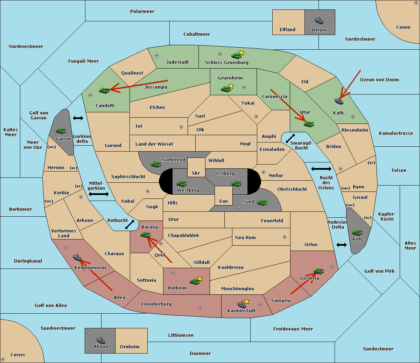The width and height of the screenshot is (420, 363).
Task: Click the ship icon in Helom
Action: coord(319,20)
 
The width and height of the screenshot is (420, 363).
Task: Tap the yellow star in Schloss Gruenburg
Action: coord(241,53)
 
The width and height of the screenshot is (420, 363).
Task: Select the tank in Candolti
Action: coord(104,90)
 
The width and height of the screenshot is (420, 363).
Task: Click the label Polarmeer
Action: coord(142,12)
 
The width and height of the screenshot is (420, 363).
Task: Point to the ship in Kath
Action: coord(339,101)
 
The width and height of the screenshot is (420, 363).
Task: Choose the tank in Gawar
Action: coord(61,131)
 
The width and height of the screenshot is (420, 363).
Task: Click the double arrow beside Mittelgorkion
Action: coord(99,194)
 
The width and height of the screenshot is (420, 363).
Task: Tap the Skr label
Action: coord(196,173)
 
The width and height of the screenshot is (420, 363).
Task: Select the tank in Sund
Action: coord(262,202)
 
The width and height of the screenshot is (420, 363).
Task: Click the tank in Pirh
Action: coord(357,232)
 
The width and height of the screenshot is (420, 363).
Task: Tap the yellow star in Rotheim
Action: coord(200,279)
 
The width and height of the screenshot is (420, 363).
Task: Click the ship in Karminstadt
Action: coord(241,304)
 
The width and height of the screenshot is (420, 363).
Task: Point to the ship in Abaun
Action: coord(101,340)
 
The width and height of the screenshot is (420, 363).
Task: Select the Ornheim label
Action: coord(130,347)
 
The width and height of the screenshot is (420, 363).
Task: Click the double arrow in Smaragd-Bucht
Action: coord(290,138)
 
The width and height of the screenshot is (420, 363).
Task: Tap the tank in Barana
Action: coord(146,235)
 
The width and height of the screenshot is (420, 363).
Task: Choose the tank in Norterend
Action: coord(156,164)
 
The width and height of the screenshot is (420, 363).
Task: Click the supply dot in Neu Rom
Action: coord(285,237)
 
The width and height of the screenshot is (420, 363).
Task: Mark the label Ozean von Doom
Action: coord(379,80)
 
